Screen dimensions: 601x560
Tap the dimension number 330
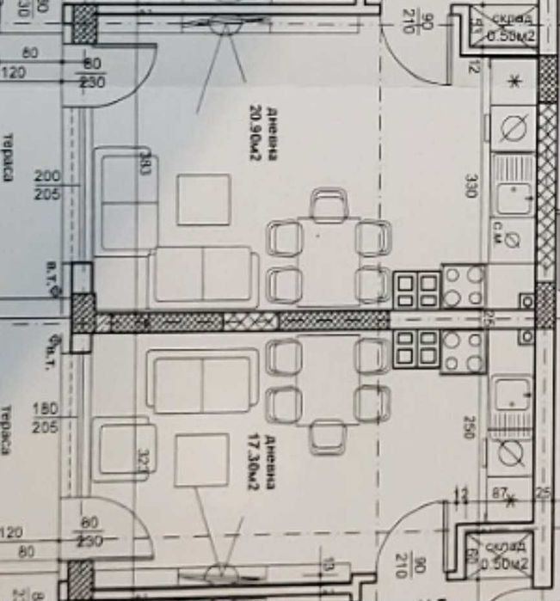[x=471, y=186]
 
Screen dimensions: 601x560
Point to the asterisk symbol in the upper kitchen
[x=514, y=82]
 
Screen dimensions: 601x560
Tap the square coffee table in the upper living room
[x=204, y=199]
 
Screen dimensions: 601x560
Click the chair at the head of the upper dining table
[x=328, y=205]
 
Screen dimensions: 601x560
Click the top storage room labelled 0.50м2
[x=508, y=30]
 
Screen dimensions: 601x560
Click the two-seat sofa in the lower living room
[x=203, y=379]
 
